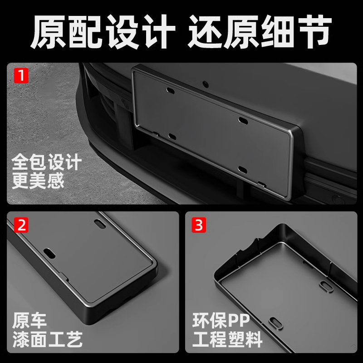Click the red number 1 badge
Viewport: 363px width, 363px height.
[20, 75]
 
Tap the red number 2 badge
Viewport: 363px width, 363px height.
[20, 224]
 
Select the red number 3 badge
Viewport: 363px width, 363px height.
[198, 224]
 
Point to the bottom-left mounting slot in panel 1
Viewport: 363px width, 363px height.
[171, 135]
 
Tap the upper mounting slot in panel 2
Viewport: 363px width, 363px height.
[98, 223]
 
